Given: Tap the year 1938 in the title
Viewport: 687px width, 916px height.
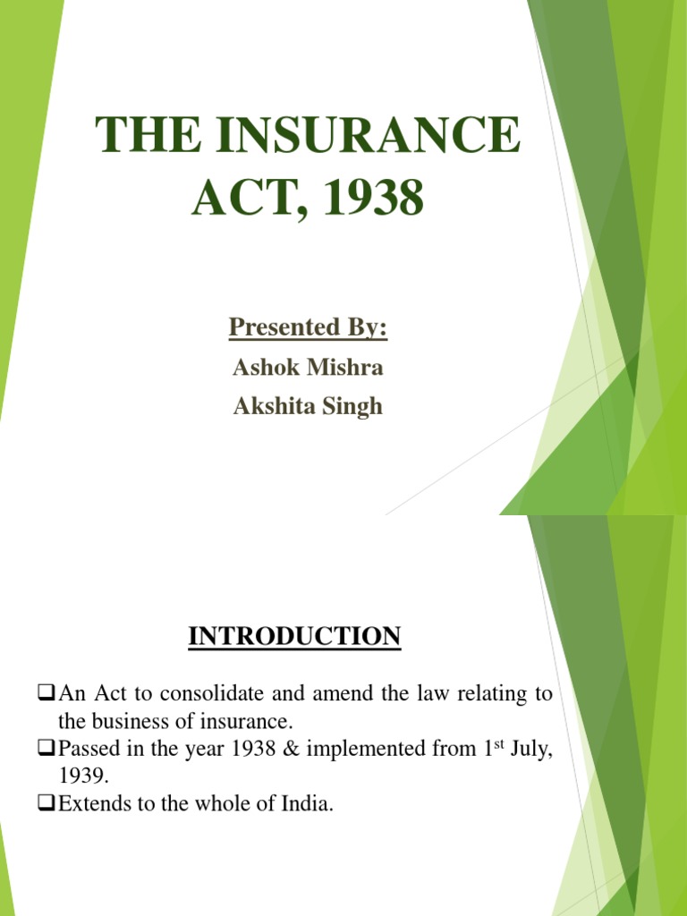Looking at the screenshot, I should [377, 197].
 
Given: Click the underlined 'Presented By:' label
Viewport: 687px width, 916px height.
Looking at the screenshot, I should [308, 327].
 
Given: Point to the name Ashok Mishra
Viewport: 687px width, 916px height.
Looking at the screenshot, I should [308, 368].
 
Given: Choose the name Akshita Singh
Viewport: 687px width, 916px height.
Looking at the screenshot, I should [308, 407].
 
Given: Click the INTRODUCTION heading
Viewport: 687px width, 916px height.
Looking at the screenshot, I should [295, 637].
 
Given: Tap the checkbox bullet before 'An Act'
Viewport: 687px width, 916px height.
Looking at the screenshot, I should [47, 693].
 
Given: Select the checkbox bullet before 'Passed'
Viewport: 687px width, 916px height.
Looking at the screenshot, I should [47, 749].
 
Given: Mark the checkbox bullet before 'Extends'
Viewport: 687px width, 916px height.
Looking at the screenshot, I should [47, 804].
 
